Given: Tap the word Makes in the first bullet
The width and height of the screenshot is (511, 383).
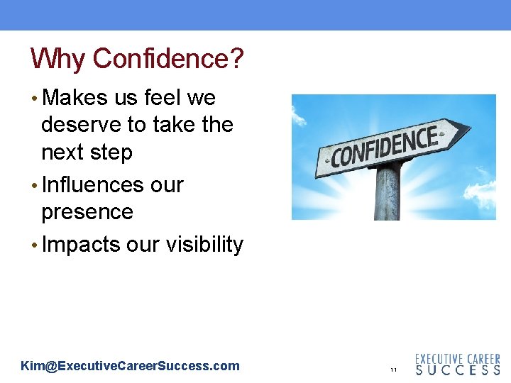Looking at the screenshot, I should pos(75,98).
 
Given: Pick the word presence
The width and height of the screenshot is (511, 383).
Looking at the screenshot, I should pos(87,212).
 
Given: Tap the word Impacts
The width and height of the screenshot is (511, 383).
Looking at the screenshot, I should pos(82,245).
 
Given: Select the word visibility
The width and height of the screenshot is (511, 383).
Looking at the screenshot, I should pos(204,245).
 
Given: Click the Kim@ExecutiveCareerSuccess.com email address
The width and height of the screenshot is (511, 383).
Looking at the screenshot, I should pos(131,366).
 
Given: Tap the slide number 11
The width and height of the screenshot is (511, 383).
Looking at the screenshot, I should pos(392,370).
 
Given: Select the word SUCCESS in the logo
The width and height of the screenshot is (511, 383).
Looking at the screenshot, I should pos(458,370).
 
